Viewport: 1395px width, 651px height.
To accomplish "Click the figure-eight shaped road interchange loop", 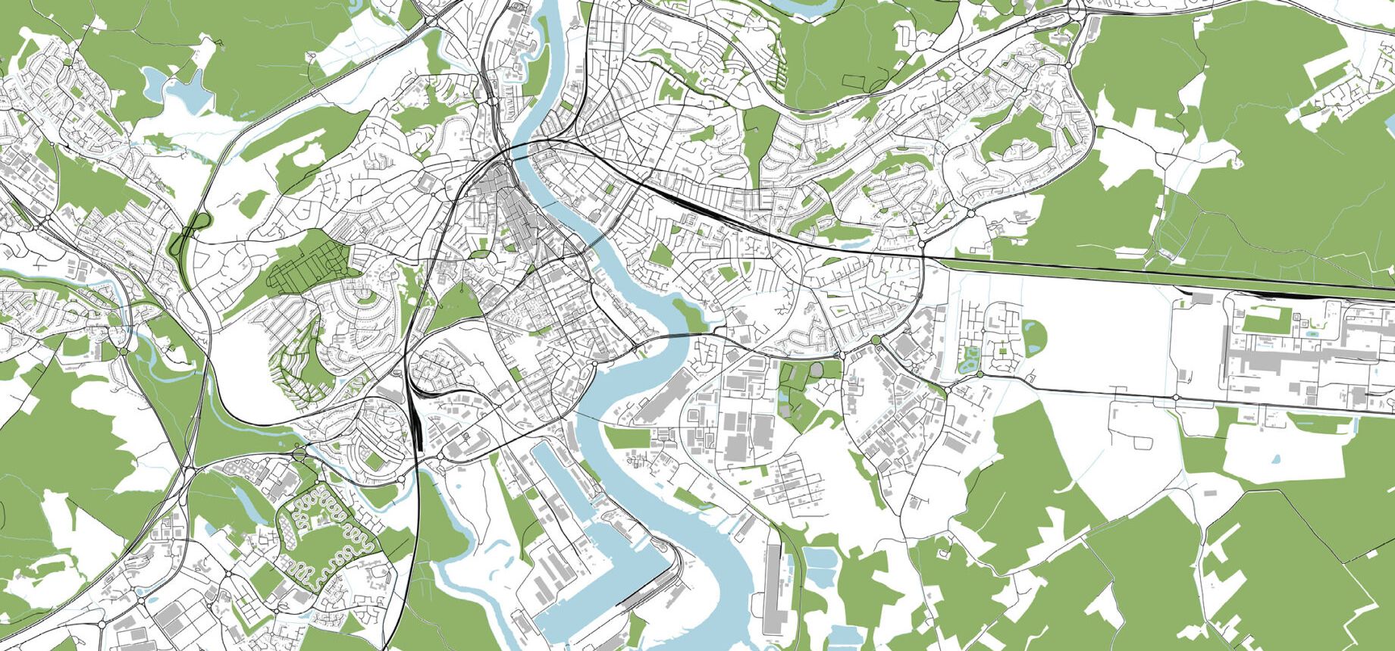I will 195,227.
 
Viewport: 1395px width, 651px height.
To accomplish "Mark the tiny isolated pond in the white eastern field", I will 1275,459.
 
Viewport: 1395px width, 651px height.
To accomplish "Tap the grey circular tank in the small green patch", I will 817,369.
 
